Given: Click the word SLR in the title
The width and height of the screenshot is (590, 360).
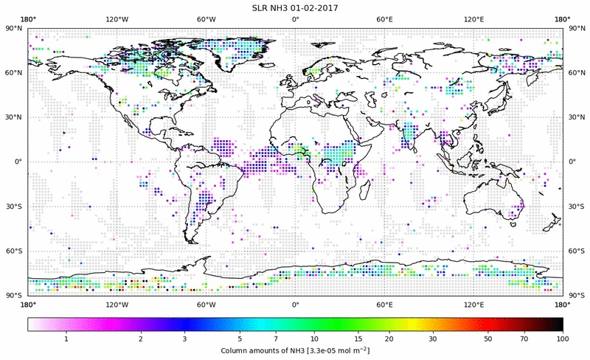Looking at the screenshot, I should point(258,7).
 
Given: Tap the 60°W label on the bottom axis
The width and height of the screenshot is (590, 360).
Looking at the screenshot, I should point(206,304).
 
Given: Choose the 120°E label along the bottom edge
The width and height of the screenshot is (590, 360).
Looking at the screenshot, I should point(473,304).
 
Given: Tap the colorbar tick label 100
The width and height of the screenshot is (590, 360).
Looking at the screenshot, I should point(563,339).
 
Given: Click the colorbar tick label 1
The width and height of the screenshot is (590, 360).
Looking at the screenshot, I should point(66,339).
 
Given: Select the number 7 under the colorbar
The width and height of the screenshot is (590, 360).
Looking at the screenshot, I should point(274,339).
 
